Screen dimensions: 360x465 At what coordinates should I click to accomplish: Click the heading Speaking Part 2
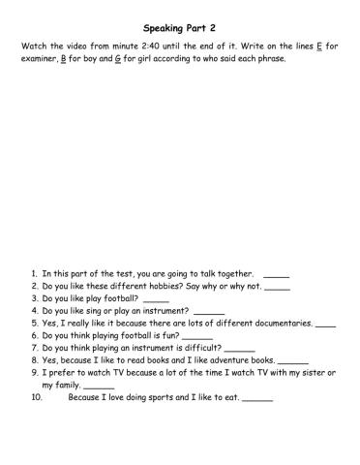tap(179, 30)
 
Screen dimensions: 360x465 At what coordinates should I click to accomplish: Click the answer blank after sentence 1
tap(276, 275)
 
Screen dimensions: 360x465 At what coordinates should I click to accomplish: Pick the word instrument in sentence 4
tap(165, 311)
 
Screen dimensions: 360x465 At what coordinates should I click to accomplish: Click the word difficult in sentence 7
tap(199, 347)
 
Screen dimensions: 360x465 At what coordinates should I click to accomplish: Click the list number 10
tap(37, 395)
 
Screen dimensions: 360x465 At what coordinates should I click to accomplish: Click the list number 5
tap(34, 323)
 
